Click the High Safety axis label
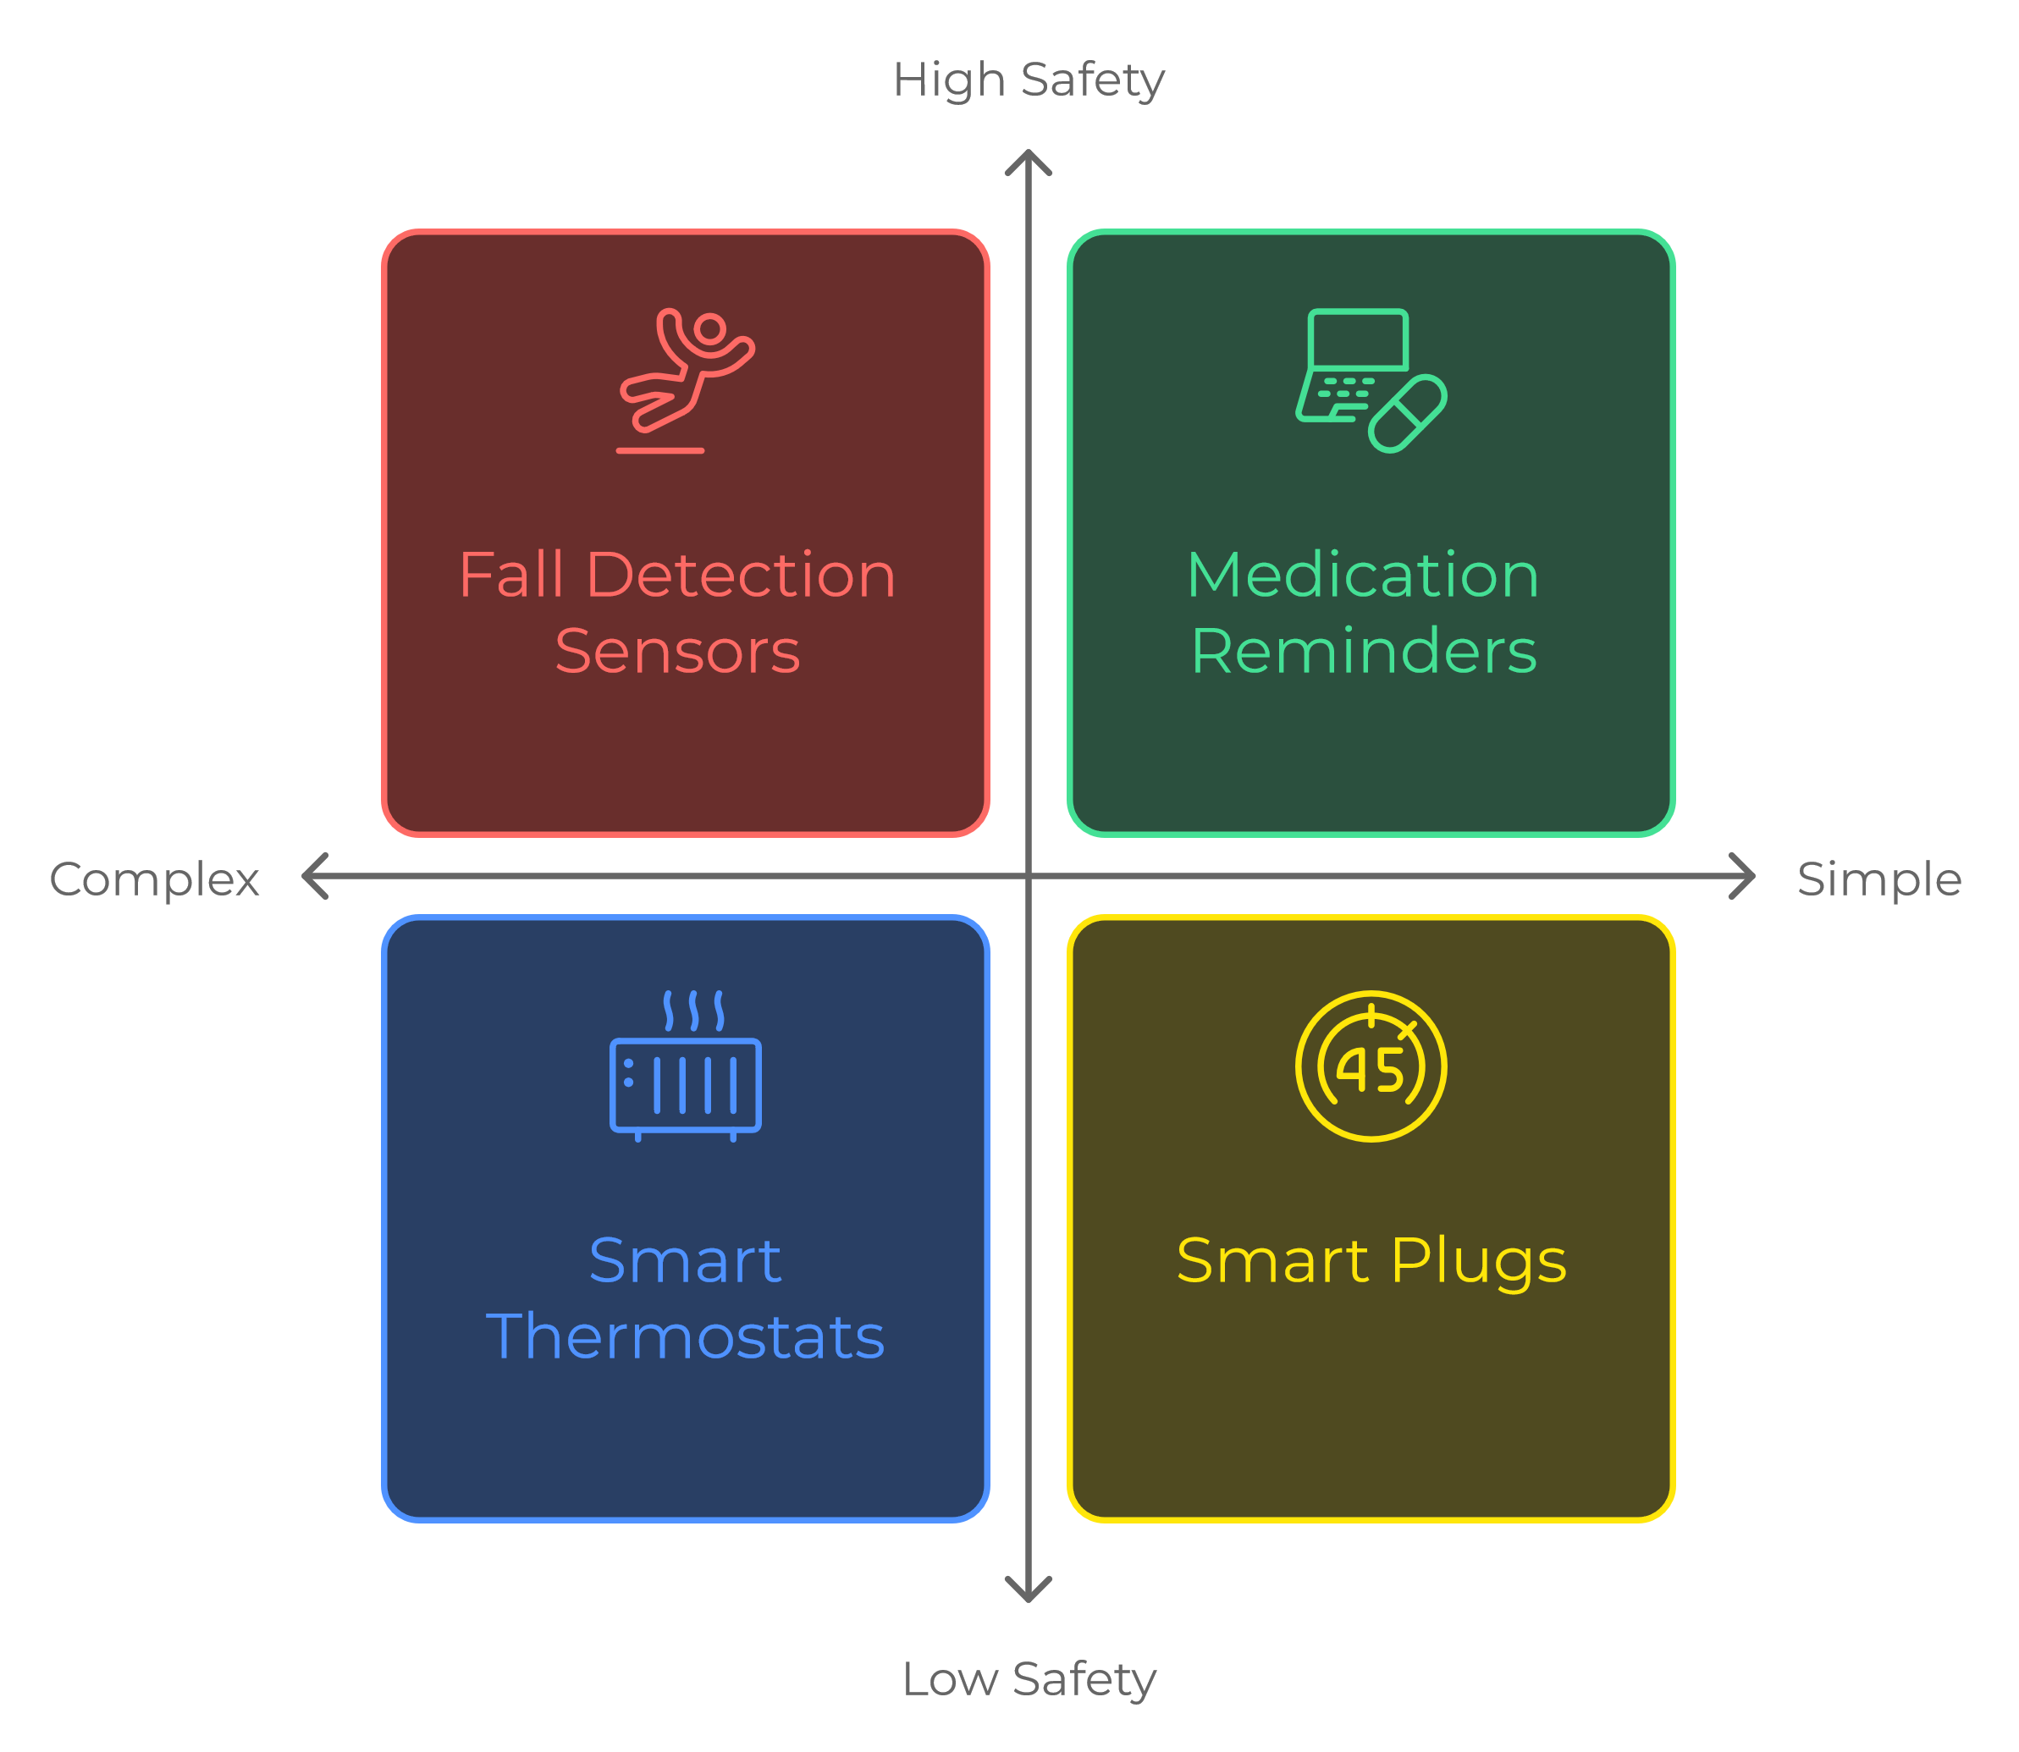click(x=1028, y=80)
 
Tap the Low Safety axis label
click(x=1029, y=1678)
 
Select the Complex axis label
click(x=154, y=879)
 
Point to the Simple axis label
click(x=1879, y=879)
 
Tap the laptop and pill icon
click(x=1370, y=379)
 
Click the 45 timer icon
click(x=1371, y=1066)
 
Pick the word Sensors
click(x=677, y=651)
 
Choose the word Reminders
click(x=1364, y=651)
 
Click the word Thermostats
click(x=686, y=1336)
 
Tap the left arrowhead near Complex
click(x=313, y=876)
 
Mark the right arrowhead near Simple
click(x=1744, y=876)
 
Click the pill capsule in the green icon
click(x=1407, y=414)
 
